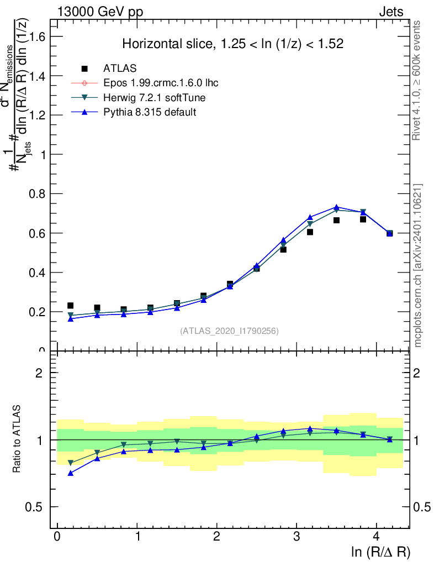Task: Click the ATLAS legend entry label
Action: (120, 69)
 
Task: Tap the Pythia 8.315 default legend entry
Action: (150, 112)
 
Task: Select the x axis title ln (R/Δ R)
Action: (380, 552)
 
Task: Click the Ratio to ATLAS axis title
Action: (18, 439)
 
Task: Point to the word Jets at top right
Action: (391, 12)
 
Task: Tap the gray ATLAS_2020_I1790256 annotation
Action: (229, 331)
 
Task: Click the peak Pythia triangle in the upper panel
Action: (336, 207)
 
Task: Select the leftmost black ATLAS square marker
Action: (70, 306)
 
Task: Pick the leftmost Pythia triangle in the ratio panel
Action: (70, 473)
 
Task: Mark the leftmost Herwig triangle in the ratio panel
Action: (70, 463)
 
